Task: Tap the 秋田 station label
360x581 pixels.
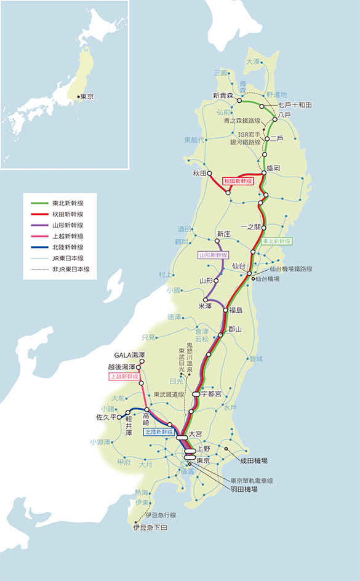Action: [x=198, y=173]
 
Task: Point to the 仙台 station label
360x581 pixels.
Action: [x=239, y=265]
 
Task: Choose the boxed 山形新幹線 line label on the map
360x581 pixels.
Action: [x=213, y=254]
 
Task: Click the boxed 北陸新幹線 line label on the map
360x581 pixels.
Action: [x=159, y=432]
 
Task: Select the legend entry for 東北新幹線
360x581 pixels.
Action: [x=68, y=202]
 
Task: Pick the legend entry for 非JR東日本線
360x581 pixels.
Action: [x=71, y=269]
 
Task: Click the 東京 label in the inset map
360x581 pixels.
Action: [x=86, y=97]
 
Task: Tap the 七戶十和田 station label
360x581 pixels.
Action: [x=295, y=105]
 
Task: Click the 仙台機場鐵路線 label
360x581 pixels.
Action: [x=291, y=269]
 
